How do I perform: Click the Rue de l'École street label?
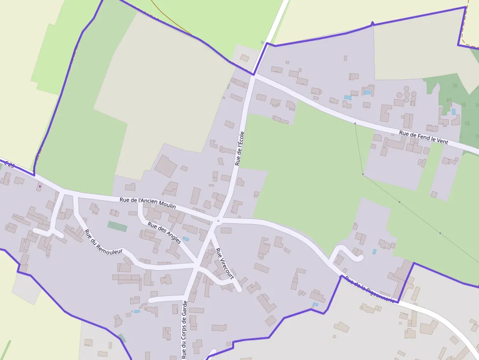tap(239, 148)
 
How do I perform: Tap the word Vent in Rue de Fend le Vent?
tap(442, 141)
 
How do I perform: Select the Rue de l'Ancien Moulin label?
tap(148, 203)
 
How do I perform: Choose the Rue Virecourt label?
tap(224, 263)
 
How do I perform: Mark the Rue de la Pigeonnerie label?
tap(369, 290)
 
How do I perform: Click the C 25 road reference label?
tap(8, 165)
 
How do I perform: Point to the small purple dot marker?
tap(40, 186)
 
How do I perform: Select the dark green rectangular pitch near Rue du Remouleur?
tap(117, 226)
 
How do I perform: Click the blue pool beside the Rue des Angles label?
tap(186, 239)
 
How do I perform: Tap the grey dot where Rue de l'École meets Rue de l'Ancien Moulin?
tap(218, 221)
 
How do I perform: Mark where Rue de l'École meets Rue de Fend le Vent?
tap(253, 75)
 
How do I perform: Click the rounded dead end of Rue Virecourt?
tap(239, 289)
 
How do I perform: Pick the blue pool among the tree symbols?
tap(453, 112)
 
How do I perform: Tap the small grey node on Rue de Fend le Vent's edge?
tap(355, 123)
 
